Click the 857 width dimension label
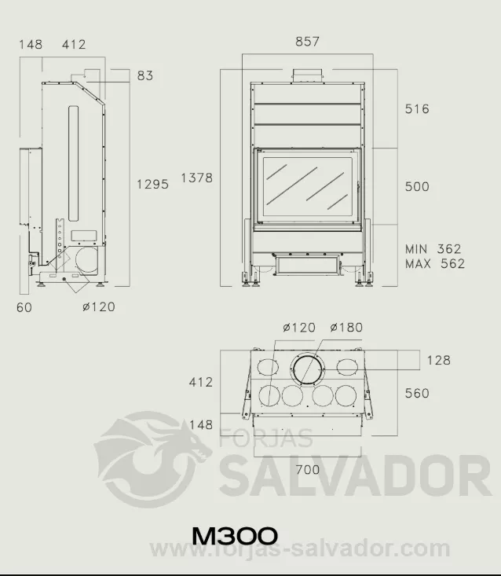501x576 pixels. coord(307,42)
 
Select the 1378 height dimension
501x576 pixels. coord(197,178)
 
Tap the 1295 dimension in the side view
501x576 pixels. coord(152,184)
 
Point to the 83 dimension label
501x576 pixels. coord(145,75)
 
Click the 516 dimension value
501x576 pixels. coord(417,108)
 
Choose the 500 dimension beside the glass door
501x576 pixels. coord(417,186)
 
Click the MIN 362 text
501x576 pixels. coord(433,249)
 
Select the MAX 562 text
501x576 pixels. coord(435,264)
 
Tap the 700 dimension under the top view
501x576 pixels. coord(308,470)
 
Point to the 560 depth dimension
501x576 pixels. coord(417,394)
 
